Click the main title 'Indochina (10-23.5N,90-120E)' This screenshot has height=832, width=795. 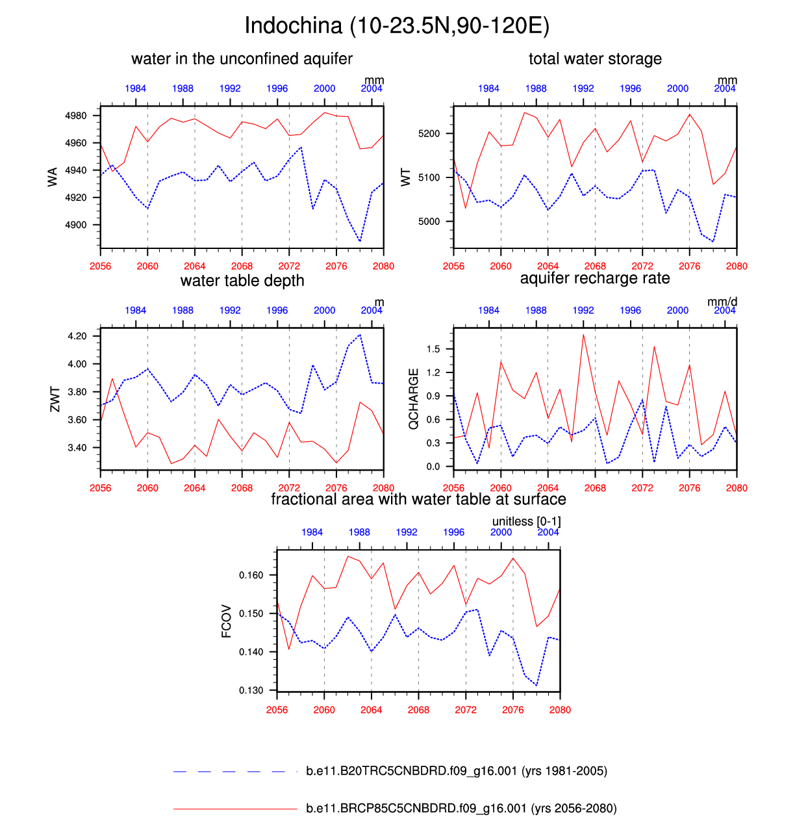(397, 26)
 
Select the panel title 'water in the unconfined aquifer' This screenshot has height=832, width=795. (242, 58)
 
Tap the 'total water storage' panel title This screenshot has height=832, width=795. (595, 58)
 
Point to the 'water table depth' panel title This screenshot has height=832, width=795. (242, 281)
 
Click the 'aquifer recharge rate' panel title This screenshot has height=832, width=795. (595, 279)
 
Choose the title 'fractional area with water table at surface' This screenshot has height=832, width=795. (418, 499)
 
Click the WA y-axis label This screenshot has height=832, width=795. (53, 176)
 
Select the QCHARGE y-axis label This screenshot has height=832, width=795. (413, 398)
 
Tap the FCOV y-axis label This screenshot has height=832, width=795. (226, 621)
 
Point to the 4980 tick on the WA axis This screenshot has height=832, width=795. (76, 116)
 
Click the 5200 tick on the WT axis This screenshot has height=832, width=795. (429, 133)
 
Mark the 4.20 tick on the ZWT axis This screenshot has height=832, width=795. (77, 336)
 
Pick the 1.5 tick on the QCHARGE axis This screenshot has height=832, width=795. (433, 349)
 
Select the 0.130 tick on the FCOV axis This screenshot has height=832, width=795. (251, 690)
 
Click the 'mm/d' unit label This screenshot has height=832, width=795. (722, 302)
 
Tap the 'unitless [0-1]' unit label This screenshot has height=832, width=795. (526, 521)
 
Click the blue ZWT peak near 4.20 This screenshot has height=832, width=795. (360, 335)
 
